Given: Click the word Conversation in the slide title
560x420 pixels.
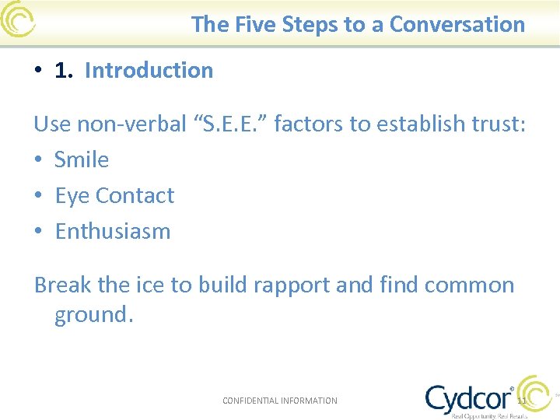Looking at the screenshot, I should pyautogui.click(x=457, y=24).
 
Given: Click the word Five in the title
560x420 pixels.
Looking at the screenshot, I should pyautogui.click(x=255, y=24).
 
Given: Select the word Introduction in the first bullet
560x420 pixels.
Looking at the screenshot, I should pyautogui.click(x=149, y=70).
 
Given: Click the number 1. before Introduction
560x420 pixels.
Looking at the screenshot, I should pyautogui.click(x=65, y=70).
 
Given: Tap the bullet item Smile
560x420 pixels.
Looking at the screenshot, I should pyautogui.click(x=82, y=159).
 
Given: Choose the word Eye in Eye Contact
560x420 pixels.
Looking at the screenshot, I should pyautogui.click(x=72, y=195).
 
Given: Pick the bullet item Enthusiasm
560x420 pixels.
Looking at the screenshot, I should pyautogui.click(x=113, y=231).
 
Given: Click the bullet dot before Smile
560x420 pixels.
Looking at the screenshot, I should pyautogui.click(x=38, y=160).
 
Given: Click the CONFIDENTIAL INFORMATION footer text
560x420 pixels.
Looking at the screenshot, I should pyautogui.click(x=280, y=401).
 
